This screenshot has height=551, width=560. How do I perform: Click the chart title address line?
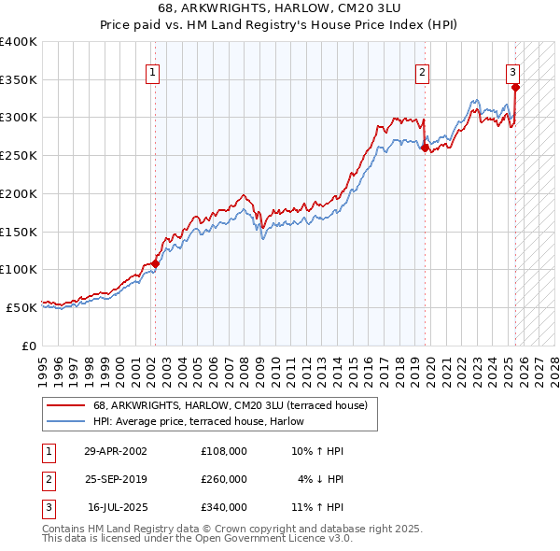pos(280,10)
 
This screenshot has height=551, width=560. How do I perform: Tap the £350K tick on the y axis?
pos(19,79)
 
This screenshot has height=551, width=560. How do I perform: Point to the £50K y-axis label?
pos(22,307)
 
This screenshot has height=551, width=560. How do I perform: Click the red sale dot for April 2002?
pos(155,263)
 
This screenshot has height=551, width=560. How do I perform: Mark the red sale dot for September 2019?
pos(425,148)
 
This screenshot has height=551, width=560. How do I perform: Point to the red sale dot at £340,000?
pos(515,87)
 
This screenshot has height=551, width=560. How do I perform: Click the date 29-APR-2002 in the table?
pos(116,451)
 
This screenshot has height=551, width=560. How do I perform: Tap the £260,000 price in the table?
pos(224,479)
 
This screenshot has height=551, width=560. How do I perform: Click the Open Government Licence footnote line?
pos(197,539)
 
